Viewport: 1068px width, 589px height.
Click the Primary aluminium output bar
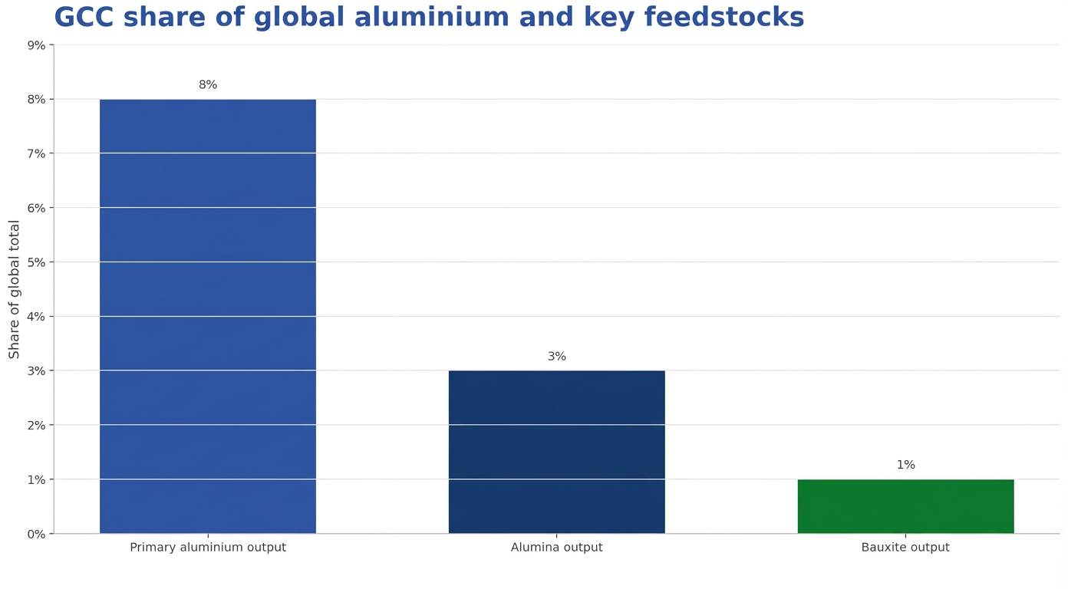207,316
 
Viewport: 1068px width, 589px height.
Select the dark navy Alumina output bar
556,452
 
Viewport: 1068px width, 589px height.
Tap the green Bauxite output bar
905,506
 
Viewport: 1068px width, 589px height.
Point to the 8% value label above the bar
208,85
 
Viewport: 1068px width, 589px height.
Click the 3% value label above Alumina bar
557,357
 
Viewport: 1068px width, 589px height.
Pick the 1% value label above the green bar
906,466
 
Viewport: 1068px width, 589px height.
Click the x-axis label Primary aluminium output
208,548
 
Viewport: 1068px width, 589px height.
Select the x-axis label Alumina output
557,548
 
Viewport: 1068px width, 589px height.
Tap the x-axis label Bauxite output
905,548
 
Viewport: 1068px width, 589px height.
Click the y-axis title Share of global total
15,289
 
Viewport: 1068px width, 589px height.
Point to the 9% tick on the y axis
36,45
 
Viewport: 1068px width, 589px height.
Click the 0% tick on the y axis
36,534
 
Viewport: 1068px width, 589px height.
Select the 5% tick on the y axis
36,262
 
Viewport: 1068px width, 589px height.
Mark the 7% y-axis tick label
36,153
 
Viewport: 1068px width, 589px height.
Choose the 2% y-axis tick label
36,425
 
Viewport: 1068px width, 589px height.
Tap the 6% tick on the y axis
36,208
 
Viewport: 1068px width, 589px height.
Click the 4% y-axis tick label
36,317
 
